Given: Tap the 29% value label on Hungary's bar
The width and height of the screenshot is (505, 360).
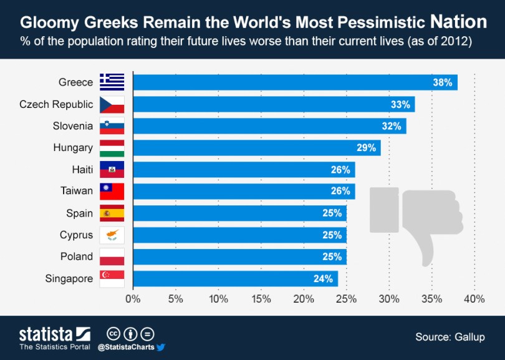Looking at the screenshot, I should point(367,148).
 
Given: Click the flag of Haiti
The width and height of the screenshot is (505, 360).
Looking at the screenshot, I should point(112,170).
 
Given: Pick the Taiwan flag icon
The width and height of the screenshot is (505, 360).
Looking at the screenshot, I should point(112,191).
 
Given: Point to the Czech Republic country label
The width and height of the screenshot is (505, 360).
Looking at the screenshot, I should point(56,104).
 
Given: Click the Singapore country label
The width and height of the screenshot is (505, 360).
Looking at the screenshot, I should point(69,278).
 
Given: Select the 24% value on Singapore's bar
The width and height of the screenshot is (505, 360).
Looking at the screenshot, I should point(324,279).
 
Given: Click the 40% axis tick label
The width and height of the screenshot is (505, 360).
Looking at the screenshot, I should point(474,299).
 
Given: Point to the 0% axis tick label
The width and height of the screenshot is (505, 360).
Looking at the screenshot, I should point(133,299).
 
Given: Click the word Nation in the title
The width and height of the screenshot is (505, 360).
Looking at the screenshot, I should point(459,22).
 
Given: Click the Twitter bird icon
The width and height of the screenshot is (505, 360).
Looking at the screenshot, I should point(160,346).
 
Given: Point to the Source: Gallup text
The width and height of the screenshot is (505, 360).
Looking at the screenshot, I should point(451,337).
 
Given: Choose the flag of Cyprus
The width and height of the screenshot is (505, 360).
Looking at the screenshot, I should point(112,235).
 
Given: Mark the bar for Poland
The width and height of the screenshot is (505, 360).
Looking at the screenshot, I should point(239,256).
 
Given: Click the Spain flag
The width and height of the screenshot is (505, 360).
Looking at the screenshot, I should point(112,213).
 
